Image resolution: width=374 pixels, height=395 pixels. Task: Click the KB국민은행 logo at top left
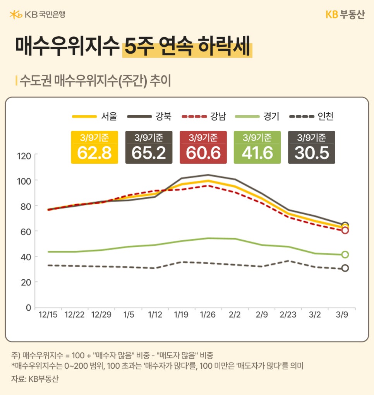(x=37, y=15)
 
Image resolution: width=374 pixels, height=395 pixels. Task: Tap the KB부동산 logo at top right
(x=345, y=15)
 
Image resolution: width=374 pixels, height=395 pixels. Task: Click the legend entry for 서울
(x=94, y=116)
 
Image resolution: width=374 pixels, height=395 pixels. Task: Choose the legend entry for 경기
(x=257, y=116)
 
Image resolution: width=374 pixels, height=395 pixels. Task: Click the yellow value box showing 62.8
(x=94, y=147)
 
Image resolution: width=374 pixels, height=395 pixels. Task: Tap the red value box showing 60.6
(x=203, y=147)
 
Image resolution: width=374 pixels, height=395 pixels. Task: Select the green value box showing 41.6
(x=257, y=147)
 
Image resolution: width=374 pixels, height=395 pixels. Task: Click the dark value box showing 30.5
(x=311, y=147)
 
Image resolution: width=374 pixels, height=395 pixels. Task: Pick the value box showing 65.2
(x=149, y=147)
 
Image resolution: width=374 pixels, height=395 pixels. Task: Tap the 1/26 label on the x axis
(x=208, y=315)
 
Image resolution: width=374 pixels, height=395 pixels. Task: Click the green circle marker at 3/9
(x=345, y=255)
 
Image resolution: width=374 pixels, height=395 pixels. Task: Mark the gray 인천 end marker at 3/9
(x=345, y=268)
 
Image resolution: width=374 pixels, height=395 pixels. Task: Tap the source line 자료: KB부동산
(x=34, y=379)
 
